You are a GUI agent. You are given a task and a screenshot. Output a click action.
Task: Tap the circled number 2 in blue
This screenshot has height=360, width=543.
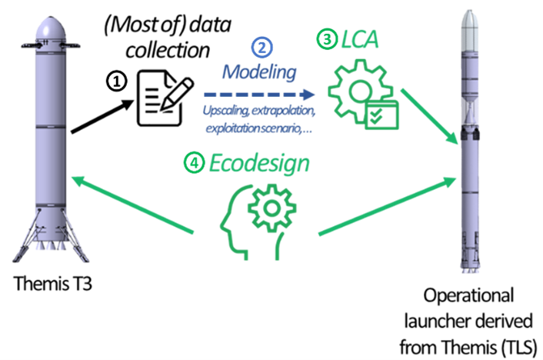263,48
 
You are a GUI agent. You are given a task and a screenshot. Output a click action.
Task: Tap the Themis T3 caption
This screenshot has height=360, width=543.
52,286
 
